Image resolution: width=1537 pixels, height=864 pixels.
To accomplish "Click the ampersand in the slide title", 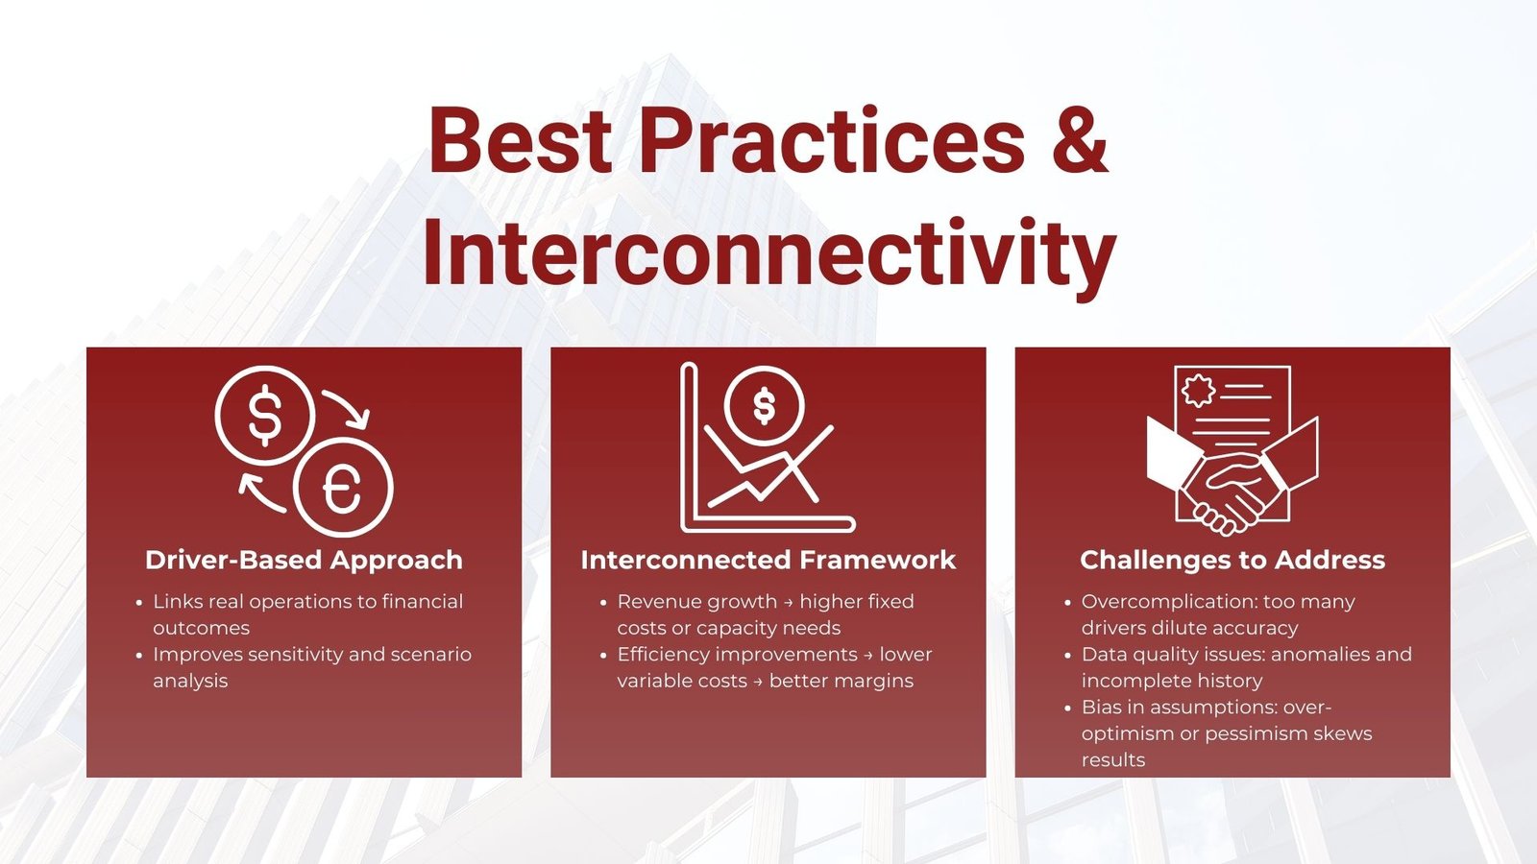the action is tap(1075, 139).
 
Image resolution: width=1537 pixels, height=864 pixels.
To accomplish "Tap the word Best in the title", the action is tap(520, 139).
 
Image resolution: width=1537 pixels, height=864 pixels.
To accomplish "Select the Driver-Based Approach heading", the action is tap(304, 561).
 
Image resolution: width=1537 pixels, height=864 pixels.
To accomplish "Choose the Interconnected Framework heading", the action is tap(768, 561).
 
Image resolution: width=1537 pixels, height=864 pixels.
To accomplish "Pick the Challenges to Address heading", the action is tap(1232, 561).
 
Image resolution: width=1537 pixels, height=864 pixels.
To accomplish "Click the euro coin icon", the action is tap(343, 488).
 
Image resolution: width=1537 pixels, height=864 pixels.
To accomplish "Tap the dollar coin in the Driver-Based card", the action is tap(265, 416).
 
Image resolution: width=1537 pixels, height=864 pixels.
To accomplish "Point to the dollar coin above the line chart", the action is tap(764, 406).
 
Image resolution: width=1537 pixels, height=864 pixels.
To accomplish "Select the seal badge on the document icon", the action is tap(1198, 391).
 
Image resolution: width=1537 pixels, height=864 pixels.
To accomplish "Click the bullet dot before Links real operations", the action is tap(139, 603).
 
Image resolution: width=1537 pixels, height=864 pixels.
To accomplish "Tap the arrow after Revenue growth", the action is tap(789, 603).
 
